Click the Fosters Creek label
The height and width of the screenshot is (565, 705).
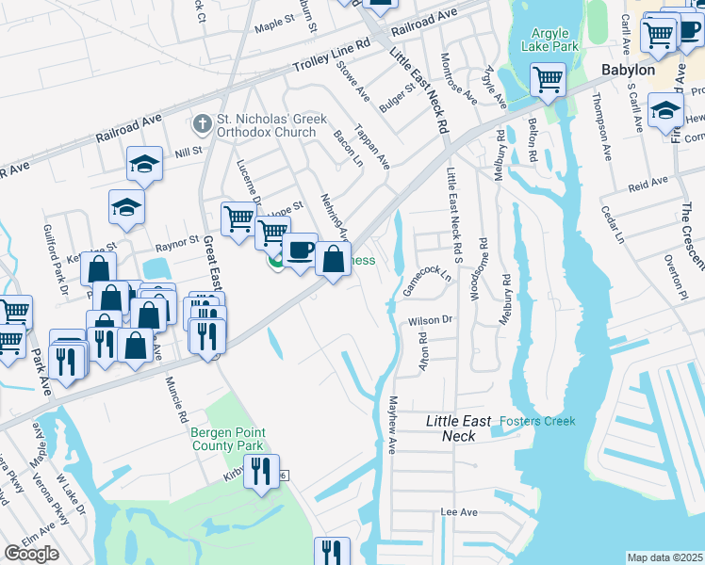pos(536,421)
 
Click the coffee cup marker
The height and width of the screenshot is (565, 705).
pos(300,250)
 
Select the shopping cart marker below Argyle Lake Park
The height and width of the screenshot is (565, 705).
pos(547,79)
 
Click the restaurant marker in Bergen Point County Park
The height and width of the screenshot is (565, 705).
pos(261,470)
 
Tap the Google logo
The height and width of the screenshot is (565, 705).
pos(31,554)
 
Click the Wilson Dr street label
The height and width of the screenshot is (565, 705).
pos(431,321)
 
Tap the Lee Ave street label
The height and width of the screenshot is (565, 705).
pos(459,512)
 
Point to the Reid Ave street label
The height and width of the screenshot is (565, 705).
pos(648,182)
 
